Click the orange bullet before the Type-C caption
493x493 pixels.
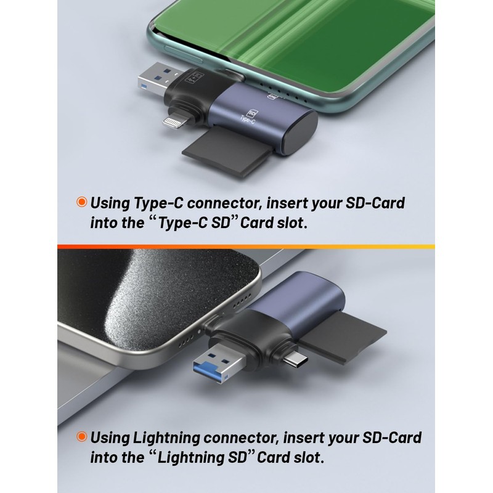pyautogui.click(x=81, y=202)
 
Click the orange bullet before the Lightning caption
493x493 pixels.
pyautogui.click(x=81, y=437)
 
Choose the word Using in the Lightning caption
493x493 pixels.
pyautogui.click(x=109, y=438)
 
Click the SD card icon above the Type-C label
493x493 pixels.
pyautogui.click(x=251, y=113)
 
